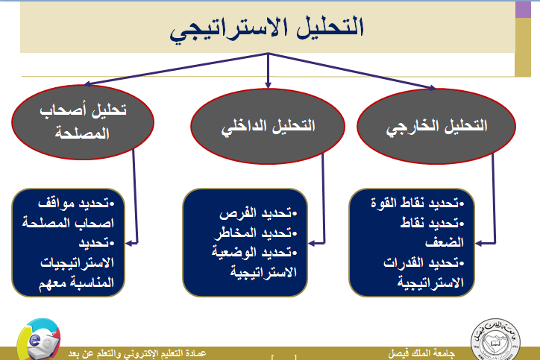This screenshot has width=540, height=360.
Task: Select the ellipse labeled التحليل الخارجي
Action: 436,126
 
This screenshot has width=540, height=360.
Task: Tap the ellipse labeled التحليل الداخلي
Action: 268,126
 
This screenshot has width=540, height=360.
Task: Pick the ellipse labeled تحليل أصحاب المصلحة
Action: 83,121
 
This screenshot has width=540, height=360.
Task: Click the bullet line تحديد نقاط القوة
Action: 418,203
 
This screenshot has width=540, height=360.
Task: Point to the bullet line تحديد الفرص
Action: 258,213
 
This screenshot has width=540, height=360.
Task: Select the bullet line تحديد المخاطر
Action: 256,233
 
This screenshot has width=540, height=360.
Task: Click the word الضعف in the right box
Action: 445,242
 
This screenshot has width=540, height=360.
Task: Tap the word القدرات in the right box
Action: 404,262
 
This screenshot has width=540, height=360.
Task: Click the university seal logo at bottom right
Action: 495,339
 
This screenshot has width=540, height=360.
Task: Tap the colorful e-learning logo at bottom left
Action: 39,339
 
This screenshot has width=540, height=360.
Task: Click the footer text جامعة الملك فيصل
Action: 421,353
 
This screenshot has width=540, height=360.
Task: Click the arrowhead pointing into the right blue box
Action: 479,243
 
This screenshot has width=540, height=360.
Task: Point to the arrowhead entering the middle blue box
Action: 311,243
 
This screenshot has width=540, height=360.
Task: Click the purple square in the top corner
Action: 523,10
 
